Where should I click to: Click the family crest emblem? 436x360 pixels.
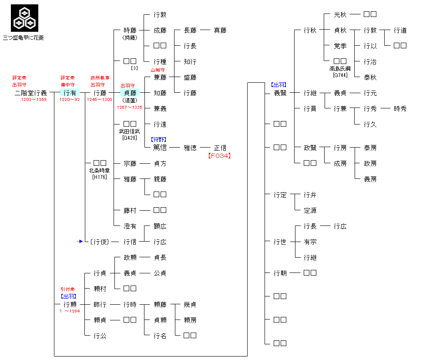pos(24,18)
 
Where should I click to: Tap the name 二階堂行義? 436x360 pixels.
pos(30,93)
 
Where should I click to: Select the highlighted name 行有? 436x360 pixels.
pos(70,93)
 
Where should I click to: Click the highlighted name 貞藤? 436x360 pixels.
pos(130,93)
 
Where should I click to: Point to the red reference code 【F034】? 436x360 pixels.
pos(219,155)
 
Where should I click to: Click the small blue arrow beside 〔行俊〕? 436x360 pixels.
pos(79,241)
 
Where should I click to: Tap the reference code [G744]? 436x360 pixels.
pos(340,75)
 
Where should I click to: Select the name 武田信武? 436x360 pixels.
pos(130,131)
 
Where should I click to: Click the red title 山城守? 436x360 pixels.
pos(158,70)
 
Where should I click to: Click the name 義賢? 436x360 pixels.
pos(280,93)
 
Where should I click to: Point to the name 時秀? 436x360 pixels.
pos(400,108)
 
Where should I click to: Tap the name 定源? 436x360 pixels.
pos(310,210)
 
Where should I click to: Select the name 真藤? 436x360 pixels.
pos(220,30)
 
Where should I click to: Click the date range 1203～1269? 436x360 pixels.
pos(34,100)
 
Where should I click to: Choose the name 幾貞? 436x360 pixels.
pos(190,304)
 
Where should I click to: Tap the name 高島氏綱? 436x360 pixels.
pos(340,69)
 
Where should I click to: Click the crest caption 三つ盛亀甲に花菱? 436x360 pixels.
pos(23,38)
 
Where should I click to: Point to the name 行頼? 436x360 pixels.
pos(70,304)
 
